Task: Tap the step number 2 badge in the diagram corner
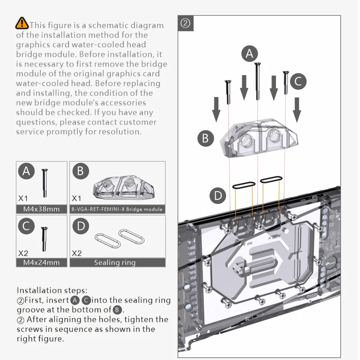pos(186,23)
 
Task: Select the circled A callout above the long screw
pos(250,54)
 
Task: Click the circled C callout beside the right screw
pos(298,81)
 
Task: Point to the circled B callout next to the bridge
pos(206,138)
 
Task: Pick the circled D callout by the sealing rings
pos(218,195)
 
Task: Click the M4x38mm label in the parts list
pos(41,209)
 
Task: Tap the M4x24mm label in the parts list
pos(41,262)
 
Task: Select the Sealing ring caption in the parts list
pos(115,262)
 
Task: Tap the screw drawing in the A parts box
pos(44,182)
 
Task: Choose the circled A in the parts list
pos(26,171)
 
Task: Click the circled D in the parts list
pos(81,225)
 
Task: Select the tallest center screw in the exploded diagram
pos(257,81)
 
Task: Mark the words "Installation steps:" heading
pos(52,290)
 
